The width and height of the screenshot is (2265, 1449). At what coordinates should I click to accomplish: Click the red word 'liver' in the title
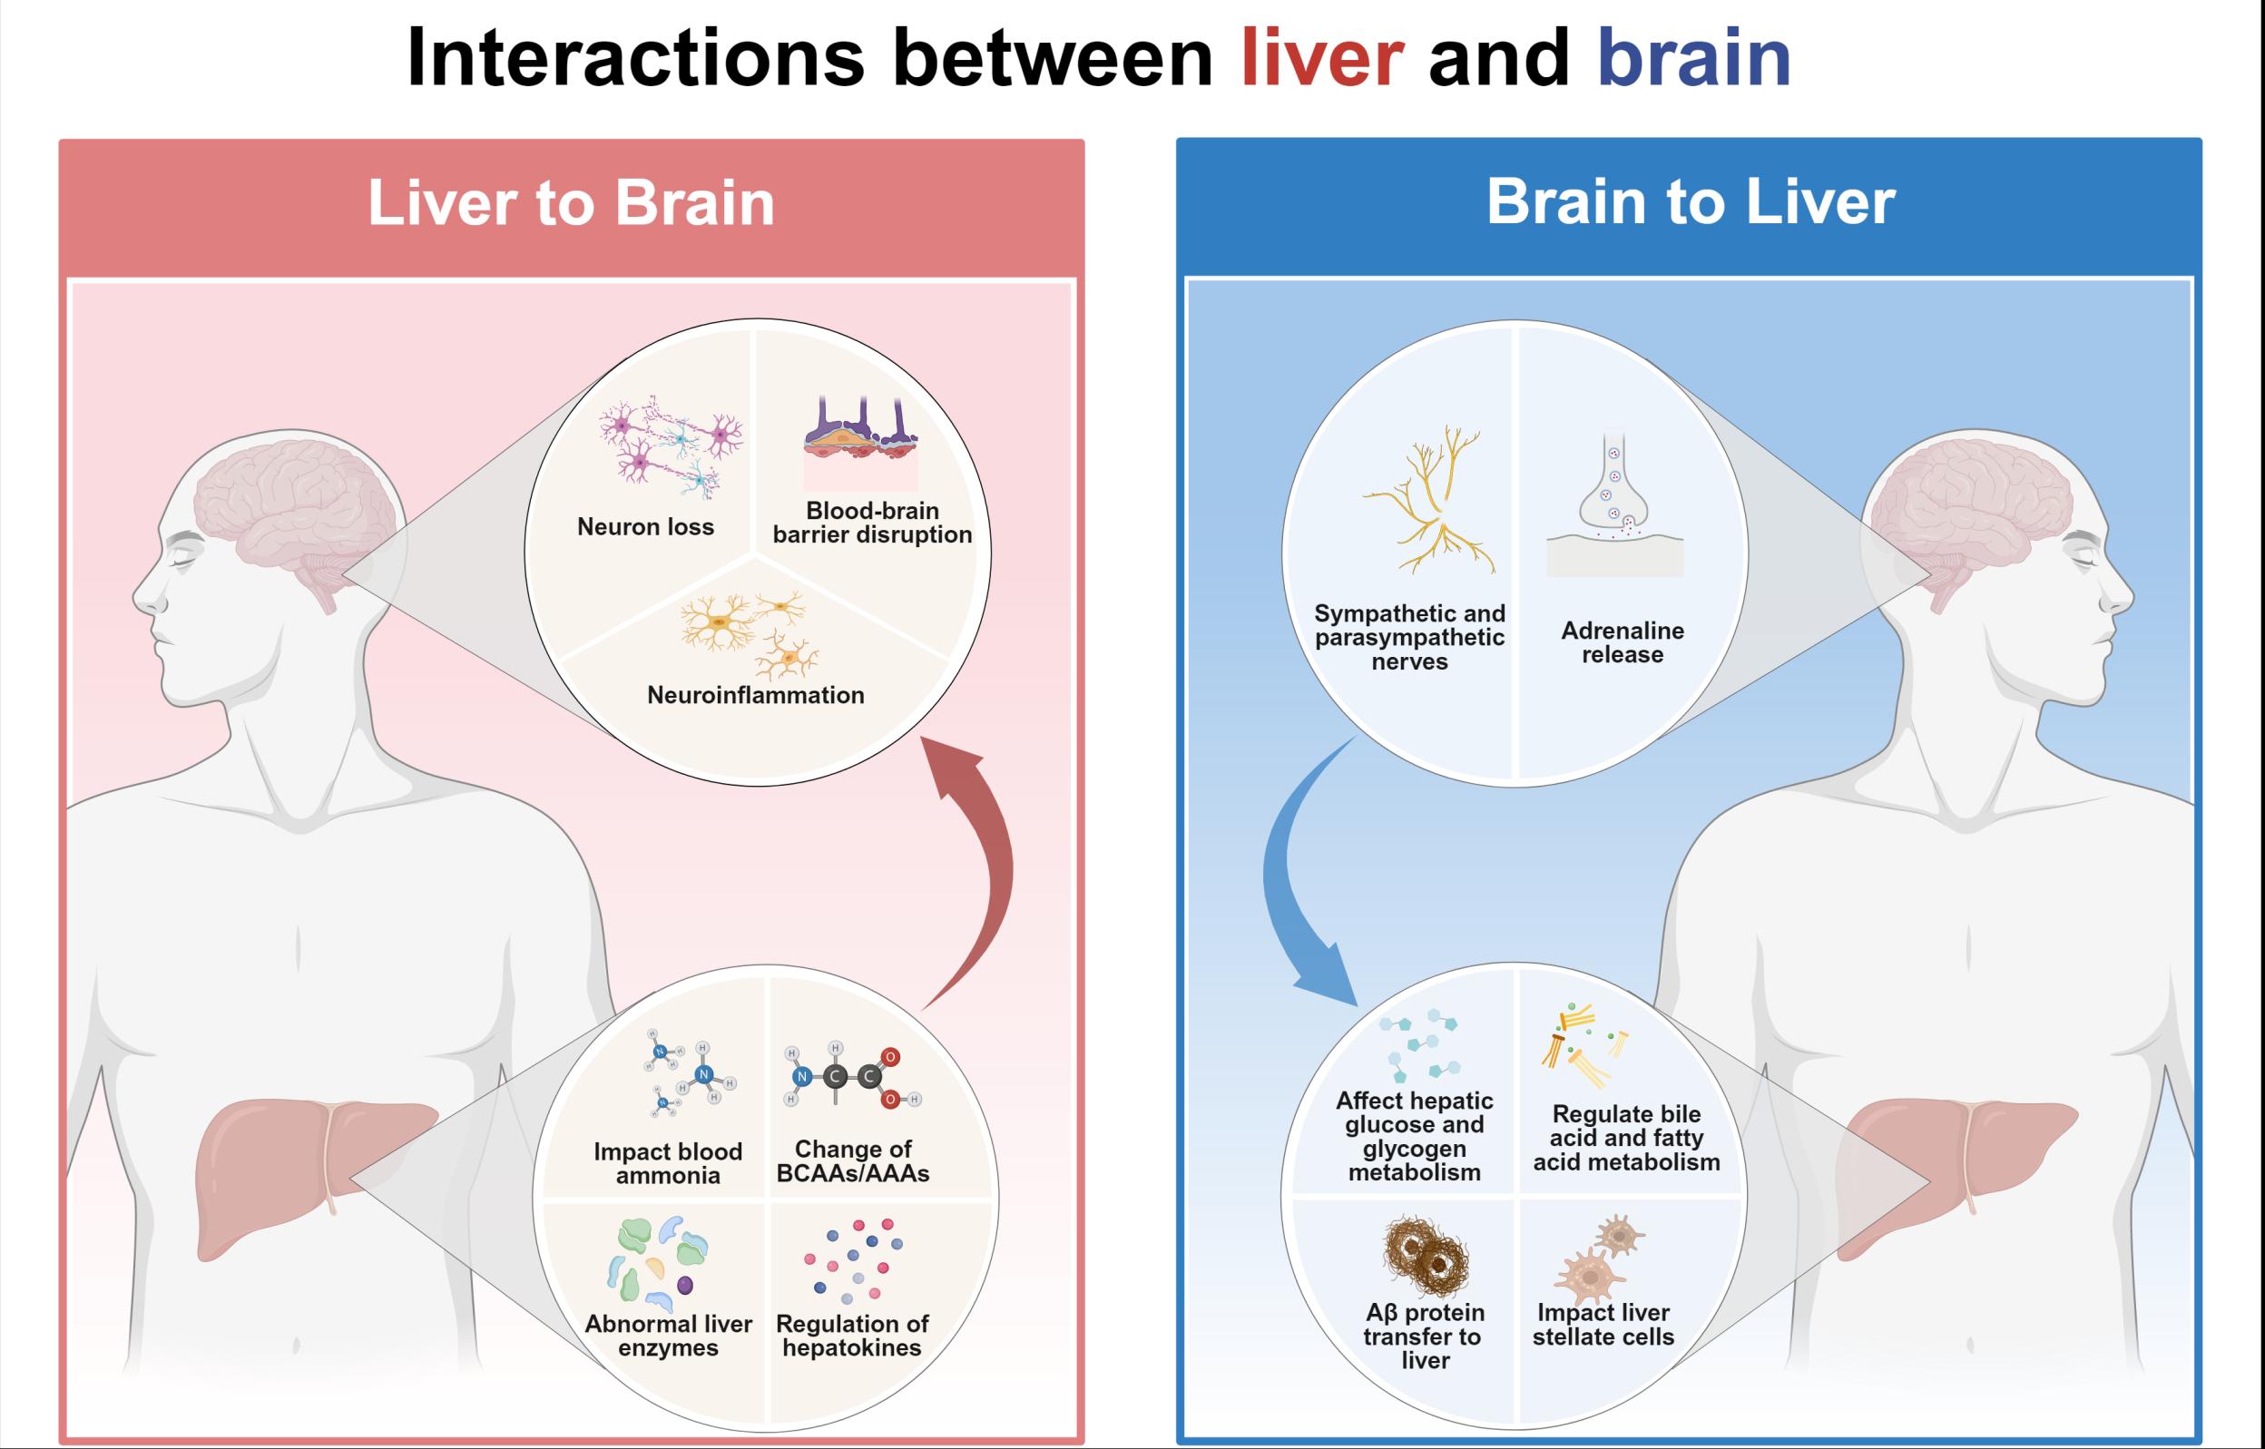(1322, 58)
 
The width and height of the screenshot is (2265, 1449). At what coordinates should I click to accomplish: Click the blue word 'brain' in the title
(1694, 58)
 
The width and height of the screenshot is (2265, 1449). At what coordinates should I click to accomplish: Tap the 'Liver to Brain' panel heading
(570, 202)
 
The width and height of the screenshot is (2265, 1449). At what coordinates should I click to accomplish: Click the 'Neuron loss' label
(645, 527)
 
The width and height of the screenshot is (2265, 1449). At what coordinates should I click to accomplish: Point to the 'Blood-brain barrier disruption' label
(872, 524)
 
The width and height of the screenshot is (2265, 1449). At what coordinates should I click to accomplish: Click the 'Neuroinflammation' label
(756, 695)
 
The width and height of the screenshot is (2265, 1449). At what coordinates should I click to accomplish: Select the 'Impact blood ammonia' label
(668, 1163)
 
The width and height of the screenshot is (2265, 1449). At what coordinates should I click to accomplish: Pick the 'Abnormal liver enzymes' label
(668, 1336)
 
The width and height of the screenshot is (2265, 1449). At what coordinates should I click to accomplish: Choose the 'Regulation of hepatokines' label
(851, 1336)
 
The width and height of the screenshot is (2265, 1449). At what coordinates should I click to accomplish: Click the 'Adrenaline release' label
(1623, 642)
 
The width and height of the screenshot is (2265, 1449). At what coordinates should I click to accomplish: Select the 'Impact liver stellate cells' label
(1603, 1325)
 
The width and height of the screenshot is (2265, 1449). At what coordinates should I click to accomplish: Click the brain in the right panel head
(1971, 508)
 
